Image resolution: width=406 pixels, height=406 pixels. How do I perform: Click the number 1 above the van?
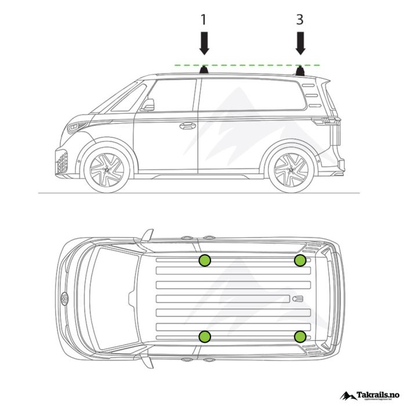click(x=204, y=19)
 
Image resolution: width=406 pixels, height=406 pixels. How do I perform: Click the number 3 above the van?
click(x=300, y=19)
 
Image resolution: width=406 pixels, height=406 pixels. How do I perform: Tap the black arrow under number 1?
click(x=204, y=43)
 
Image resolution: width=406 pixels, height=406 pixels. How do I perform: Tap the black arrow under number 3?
click(x=300, y=43)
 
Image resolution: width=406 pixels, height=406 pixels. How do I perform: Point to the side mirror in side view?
click(x=148, y=105)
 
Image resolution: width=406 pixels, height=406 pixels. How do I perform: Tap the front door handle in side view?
click(x=187, y=125)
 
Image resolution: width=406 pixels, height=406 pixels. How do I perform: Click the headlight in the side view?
click(x=76, y=126)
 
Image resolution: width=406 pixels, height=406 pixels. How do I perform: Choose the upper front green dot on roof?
click(x=205, y=260)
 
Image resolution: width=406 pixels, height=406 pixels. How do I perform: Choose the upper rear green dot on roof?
click(x=300, y=260)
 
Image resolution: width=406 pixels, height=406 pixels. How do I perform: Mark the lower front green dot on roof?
click(x=205, y=336)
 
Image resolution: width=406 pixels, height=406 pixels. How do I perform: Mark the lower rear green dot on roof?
click(x=300, y=336)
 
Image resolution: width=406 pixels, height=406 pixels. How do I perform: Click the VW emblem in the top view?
click(x=65, y=299)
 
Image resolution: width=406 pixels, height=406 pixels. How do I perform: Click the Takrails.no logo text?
click(x=376, y=394)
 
